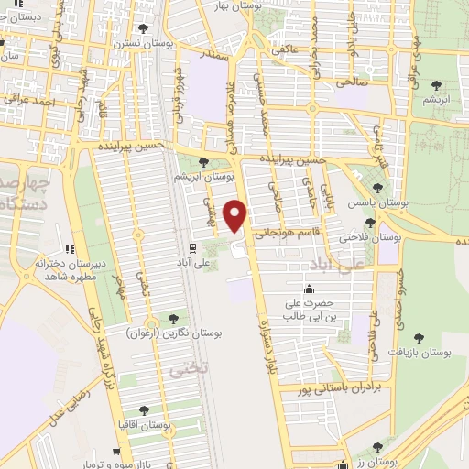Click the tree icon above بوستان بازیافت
pyautogui.click(x=419, y=338)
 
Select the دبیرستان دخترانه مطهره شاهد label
pyautogui.click(x=67, y=269)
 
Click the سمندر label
pyautogui.click(x=217, y=56)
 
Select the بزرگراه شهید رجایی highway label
pyautogui.click(x=97, y=348)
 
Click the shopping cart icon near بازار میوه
pyautogui.click(x=117, y=452)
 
